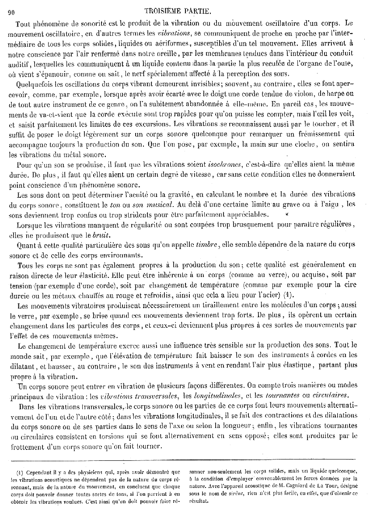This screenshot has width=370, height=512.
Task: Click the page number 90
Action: click(12, 12)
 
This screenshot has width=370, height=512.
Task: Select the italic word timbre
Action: click(207, 246)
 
